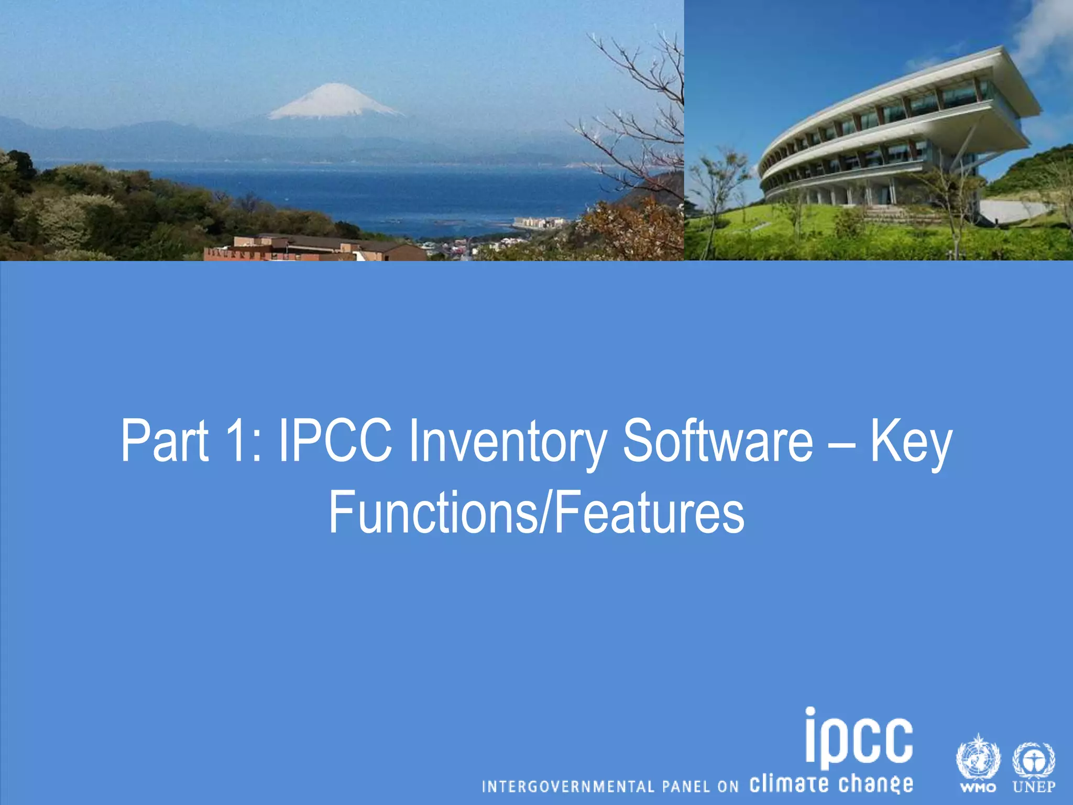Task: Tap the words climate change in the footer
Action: tap(831, 784)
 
